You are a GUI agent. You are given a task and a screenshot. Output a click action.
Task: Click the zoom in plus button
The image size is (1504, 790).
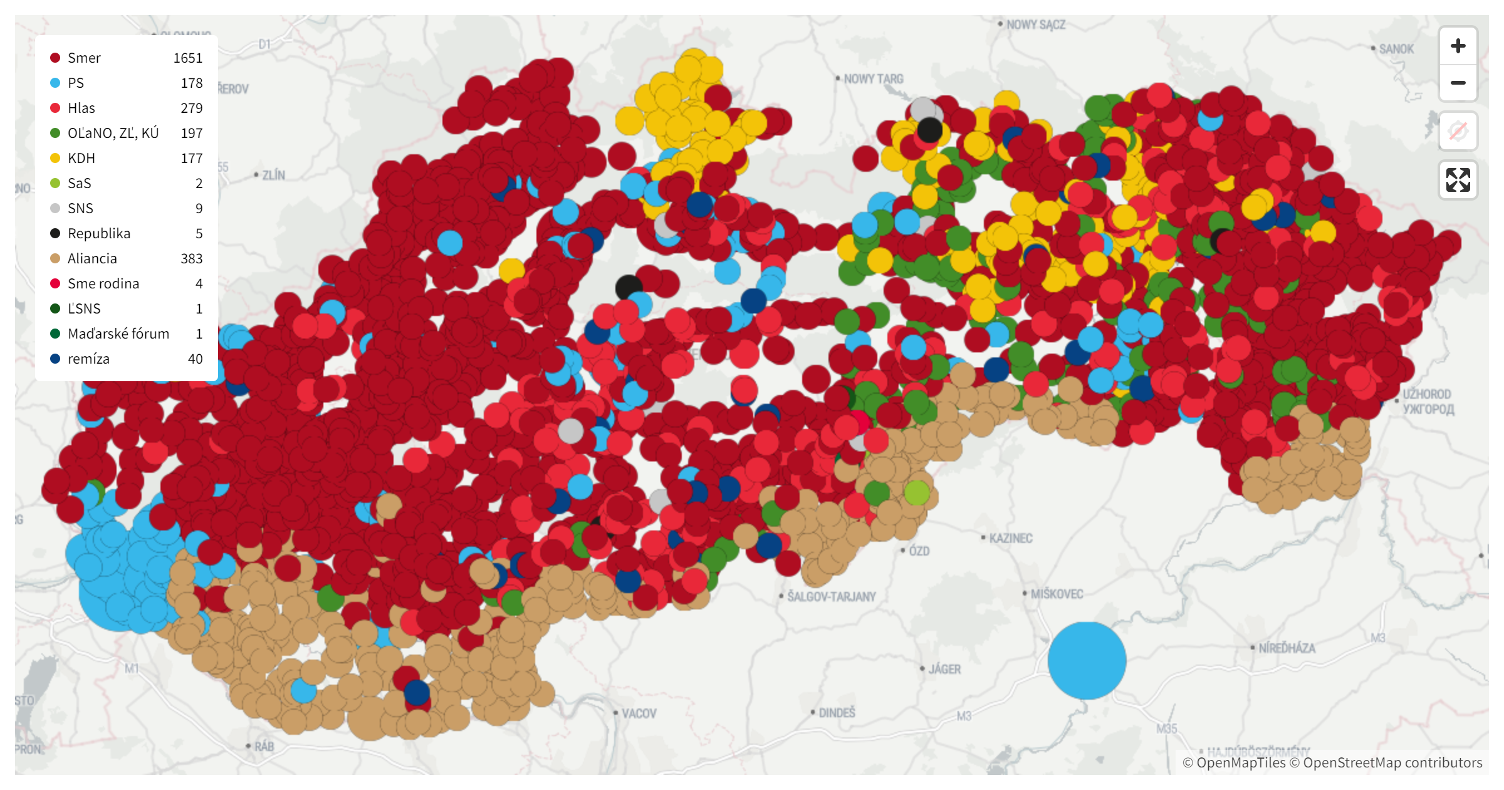pos(1458,46)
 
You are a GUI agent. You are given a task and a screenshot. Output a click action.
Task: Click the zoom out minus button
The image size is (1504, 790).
pos(1458,83)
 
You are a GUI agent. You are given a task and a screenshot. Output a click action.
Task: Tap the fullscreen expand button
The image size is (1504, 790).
pos(1458,180)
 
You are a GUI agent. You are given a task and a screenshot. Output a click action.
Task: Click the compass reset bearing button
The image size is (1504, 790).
pos(1458,132)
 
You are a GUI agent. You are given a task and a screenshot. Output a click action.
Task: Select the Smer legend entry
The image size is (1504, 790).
pos(84,58)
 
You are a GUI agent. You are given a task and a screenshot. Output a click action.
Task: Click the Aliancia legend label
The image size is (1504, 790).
pos(92,258)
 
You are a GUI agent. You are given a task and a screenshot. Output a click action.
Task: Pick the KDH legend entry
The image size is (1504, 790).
pos(81,158)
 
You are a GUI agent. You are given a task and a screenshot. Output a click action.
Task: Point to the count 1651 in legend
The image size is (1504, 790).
pos(187,58)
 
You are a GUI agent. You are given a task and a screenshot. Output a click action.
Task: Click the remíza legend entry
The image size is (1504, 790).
pos(88,359)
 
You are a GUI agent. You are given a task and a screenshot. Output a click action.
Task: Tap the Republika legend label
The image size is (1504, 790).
pos(99,233)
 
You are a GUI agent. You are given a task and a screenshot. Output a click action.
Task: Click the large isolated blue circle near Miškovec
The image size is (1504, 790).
pos(1087,660)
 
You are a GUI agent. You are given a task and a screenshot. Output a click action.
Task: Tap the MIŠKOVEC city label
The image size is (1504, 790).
pos(1057,594)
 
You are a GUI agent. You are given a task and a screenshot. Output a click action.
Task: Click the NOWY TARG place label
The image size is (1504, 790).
pos(873,79)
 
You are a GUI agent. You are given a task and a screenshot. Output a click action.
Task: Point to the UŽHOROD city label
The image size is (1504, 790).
pos(1426,394)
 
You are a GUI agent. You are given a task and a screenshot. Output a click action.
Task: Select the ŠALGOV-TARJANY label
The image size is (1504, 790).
pos(831,596)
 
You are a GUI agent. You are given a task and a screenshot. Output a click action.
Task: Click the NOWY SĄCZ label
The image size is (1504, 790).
pos(1035,24)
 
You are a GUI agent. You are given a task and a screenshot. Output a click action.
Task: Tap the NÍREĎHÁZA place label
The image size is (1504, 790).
pos(1287,648)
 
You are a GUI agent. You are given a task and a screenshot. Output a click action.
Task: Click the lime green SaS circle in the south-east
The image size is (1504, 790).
pos(917,493)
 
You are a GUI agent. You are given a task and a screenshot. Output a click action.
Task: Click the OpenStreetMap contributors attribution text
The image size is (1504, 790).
pos(1392,762)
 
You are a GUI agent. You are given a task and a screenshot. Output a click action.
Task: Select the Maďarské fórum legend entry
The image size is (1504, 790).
pos(118,334)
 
